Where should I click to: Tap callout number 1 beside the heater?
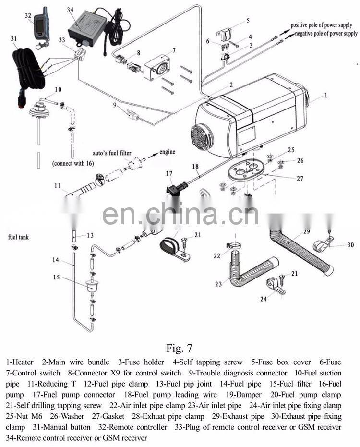pyautogui.click(x=325, y=96)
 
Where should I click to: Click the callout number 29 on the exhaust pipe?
pyautogui.click(x=306, y=232)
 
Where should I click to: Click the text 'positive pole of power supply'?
pyautogui.click(x=324, y=24)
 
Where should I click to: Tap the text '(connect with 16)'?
pyautogui.click(x=73, y=164)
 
